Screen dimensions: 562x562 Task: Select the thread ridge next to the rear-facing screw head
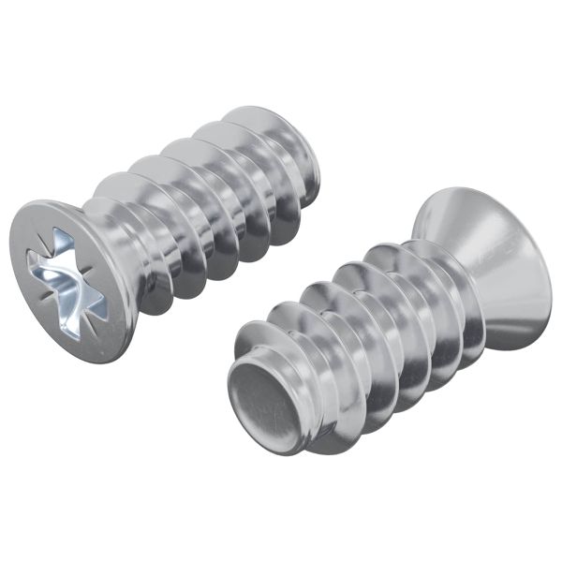[x=440, y=300]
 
